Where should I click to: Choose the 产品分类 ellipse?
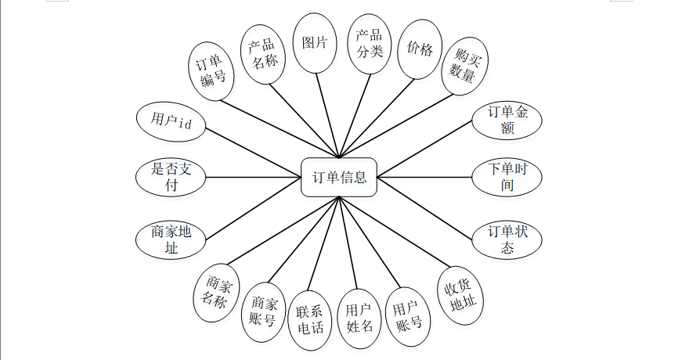369,44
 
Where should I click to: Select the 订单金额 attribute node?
507,120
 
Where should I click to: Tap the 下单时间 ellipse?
507,178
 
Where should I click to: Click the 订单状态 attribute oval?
507,239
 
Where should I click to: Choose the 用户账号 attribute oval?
409,315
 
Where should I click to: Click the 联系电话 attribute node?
310,319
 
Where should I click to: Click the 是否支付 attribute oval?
170,177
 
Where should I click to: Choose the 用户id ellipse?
170,122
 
